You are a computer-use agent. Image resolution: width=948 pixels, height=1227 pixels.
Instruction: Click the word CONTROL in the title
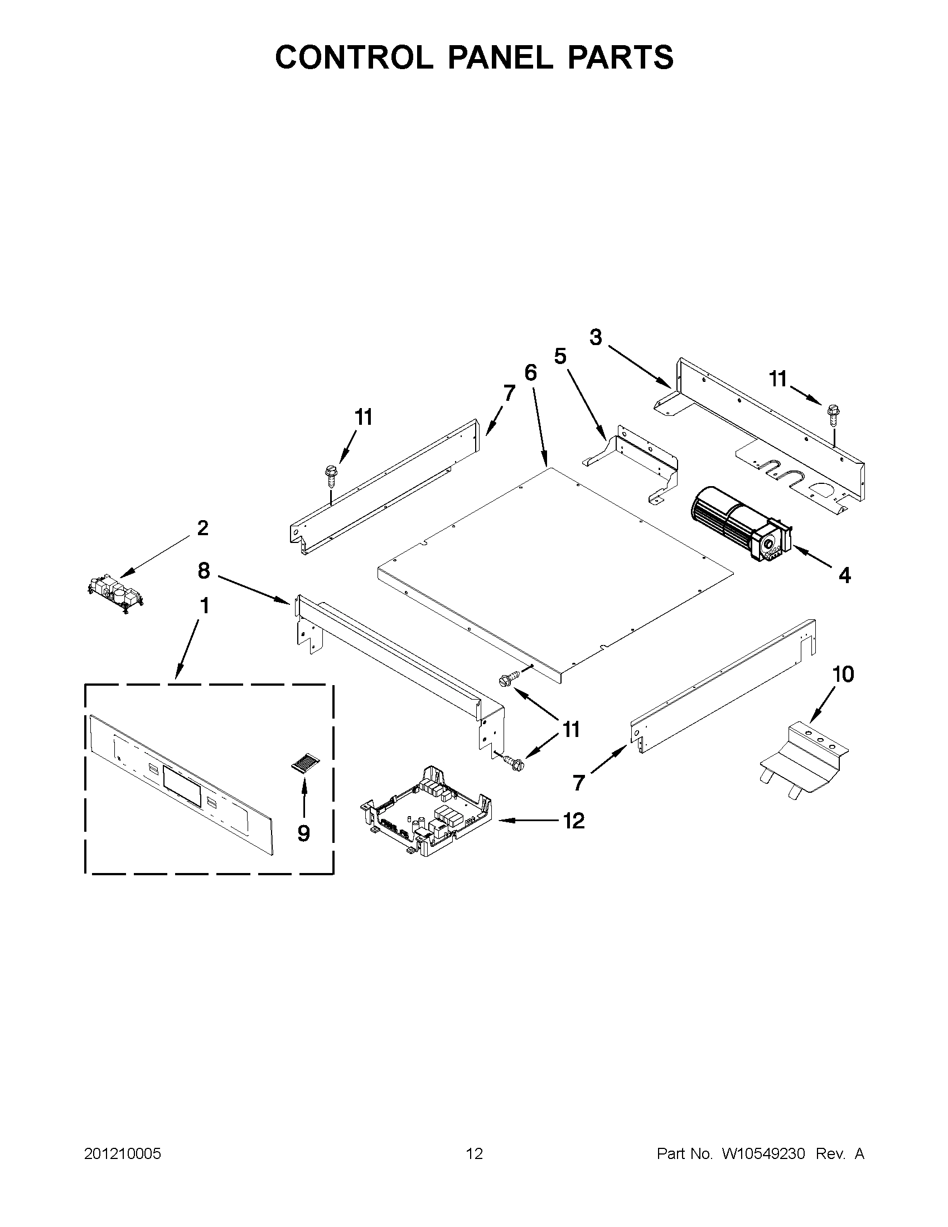point(354,57)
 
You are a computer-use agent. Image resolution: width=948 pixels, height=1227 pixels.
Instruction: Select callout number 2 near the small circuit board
point(202,528)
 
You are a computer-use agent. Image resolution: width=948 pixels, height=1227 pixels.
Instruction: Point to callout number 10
point(843,674)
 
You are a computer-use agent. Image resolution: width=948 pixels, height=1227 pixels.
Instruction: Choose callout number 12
point(573,821)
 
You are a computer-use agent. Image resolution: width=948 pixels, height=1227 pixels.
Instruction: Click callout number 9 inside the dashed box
point(303,833)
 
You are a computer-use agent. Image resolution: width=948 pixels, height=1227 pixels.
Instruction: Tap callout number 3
point(596,338)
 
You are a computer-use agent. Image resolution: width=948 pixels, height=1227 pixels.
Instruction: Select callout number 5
point(560,356)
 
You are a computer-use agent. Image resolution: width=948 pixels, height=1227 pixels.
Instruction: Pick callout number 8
point(204,571)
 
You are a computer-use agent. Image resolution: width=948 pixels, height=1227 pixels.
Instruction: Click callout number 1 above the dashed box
point(204,606)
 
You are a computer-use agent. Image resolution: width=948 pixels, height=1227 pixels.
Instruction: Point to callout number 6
point(530,372)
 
